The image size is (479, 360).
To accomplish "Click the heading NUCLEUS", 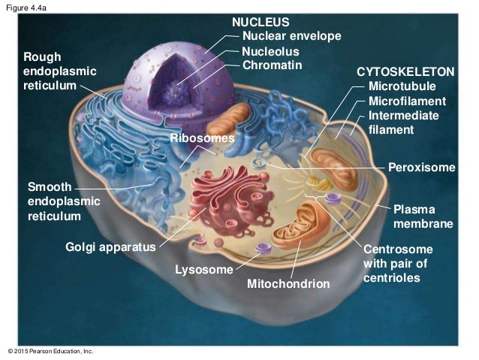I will tap(261, 22).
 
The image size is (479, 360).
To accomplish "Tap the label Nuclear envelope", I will tap(292, 36).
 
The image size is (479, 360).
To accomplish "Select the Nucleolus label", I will tap(270, 52).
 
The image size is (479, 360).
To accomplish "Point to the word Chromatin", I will tap(272, 66).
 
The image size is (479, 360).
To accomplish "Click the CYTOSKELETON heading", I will tap(405, 72).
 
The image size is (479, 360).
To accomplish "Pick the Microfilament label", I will tap(407, 101).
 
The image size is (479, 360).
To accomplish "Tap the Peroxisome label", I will tap(422, 167).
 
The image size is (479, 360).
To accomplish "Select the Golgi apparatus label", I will tap(110, 247).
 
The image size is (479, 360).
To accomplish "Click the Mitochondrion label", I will tap(288, 284).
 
